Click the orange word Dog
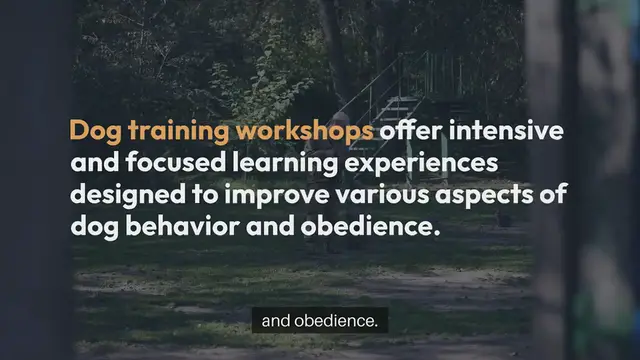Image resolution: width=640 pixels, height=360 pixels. (95, 131)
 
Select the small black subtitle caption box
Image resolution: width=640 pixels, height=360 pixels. (319, 321)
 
